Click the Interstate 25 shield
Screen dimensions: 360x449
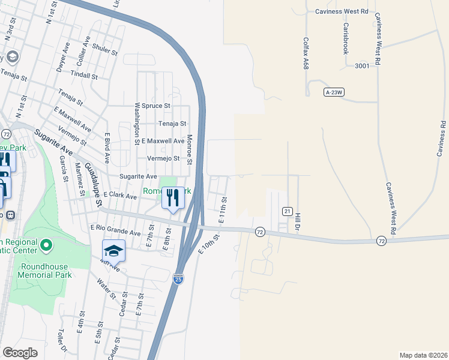coord(179,278)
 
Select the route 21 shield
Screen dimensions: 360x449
coord(288,211)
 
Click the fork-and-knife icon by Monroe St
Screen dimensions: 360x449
coord(173,197)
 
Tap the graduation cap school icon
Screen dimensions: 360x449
coord(113,250)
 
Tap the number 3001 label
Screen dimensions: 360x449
coord(361,65)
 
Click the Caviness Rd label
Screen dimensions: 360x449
coord(442,139)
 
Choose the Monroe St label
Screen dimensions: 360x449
coord(188,149)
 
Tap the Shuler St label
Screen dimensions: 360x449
coord(106,51)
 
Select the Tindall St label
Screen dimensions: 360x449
coord(84,76)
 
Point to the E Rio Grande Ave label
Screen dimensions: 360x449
coord(115,228)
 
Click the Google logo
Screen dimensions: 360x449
coord(20,353)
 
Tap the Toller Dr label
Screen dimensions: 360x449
coord(61,341)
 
